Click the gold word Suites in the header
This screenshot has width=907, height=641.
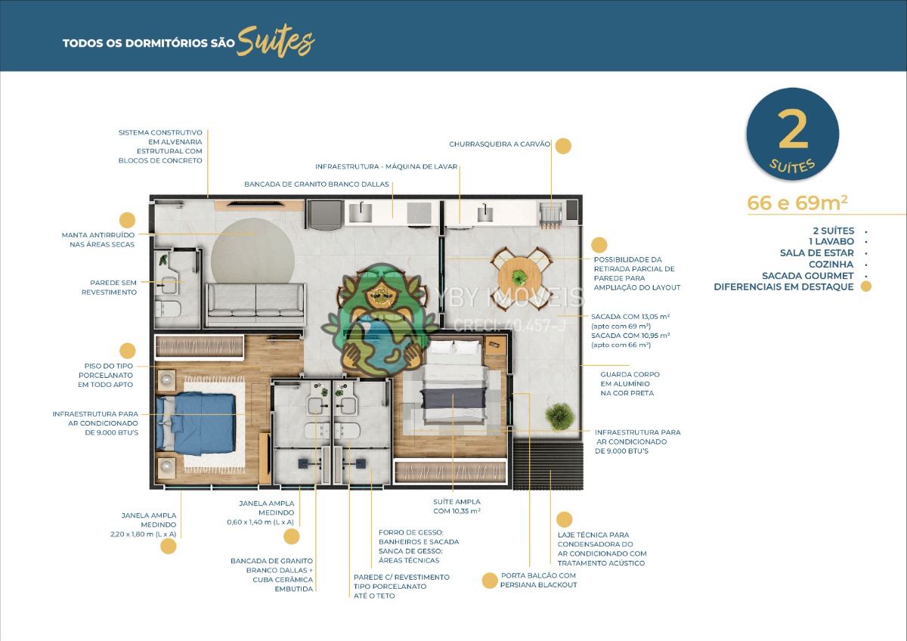click(275, 42)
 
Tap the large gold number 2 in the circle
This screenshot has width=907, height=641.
click(792, 130)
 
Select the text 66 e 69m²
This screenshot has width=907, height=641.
click(797, 203)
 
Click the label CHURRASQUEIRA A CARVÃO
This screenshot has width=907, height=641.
click(500, 144)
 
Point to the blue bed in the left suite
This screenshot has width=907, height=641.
click(196, 423)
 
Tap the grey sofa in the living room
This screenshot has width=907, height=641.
click(256, 304)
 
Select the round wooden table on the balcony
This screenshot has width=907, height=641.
click(519, 278)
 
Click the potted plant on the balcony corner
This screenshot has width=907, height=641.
click(559, 416)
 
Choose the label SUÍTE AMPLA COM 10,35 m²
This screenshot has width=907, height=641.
click(457, 506)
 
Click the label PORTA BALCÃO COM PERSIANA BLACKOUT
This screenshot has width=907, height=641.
click(538, 581)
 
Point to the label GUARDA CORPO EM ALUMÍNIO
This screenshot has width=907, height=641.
click(630, 379)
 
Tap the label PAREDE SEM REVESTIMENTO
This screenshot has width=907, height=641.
click(110, 287)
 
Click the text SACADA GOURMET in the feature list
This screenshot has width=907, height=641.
click(808, 276)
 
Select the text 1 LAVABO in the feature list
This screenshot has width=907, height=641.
click(831, 241)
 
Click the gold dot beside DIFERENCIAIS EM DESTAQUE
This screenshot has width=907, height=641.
click(865, 286)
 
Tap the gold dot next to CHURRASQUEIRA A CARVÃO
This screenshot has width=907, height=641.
click(563, 146)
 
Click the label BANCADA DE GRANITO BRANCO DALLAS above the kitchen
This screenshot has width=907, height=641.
click(316, 184)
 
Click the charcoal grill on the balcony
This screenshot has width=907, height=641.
click(551, 215)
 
